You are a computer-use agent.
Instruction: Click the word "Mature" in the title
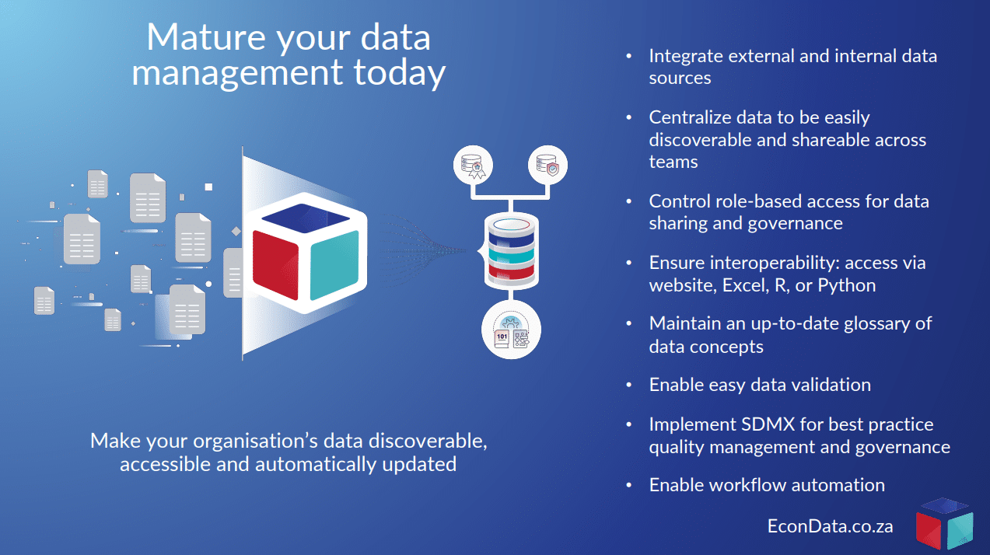point(206,37)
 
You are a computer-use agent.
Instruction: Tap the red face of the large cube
point(275,264)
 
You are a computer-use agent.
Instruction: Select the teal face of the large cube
point(334,265)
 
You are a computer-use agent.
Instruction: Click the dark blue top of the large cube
point(306,218)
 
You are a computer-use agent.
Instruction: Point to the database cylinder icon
point(512,250)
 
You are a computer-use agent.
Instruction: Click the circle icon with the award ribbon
point(473,166)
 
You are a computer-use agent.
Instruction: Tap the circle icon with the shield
point(547,166)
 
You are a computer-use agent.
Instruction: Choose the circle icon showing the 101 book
point(511,330)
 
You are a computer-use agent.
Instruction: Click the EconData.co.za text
point(830,525)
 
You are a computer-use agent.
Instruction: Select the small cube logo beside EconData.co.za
point(944,524)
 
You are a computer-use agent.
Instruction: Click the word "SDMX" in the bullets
point(768,424)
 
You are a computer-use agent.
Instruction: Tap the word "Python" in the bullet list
point(846,285)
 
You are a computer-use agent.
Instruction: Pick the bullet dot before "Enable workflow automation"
point(629,485)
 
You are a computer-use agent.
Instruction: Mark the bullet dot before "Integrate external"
point(629,56)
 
